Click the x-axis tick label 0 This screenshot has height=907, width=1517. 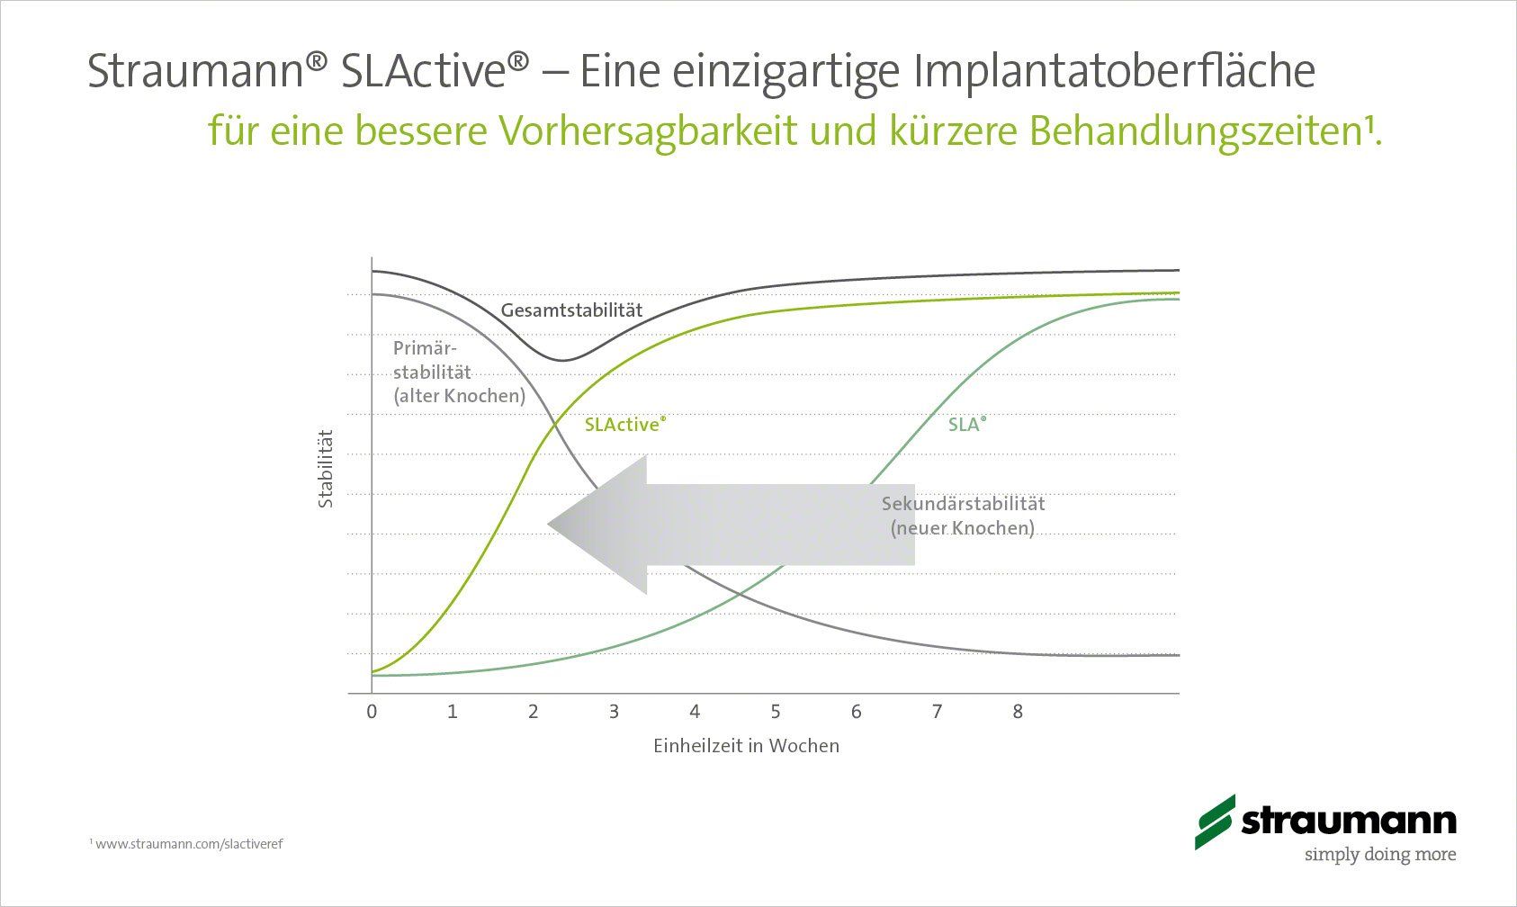click(x=372, y=712)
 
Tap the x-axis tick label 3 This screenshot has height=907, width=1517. click(x=614, y=712)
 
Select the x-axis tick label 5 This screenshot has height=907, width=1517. click(x=776, y=712)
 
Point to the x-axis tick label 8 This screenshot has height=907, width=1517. click(x=1018, y=712)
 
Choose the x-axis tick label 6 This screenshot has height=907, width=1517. click(x=856, y=712)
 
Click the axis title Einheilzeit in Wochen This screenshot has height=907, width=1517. click(x=746, y=746)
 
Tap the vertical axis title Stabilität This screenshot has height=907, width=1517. click(x=326, y=469)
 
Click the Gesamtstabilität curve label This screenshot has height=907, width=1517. click(x=571, y=310)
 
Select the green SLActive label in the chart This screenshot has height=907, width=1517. click(x=625, y=424)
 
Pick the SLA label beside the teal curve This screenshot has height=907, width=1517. click(x=967, y=424)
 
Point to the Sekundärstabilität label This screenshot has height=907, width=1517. click(x=963, y=503)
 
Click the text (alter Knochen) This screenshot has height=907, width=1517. click(x=459, y=396)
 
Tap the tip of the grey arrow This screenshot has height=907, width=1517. click(x=548, y=525)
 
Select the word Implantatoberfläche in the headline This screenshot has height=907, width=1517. click(x=1114, y=70)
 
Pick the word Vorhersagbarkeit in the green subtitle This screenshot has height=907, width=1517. click(x=648, y=130)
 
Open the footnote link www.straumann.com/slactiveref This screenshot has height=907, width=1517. click(x=189, y=844)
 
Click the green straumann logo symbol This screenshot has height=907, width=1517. click(x=1216, y=822)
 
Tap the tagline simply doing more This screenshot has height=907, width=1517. click(x=1380, y=854)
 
